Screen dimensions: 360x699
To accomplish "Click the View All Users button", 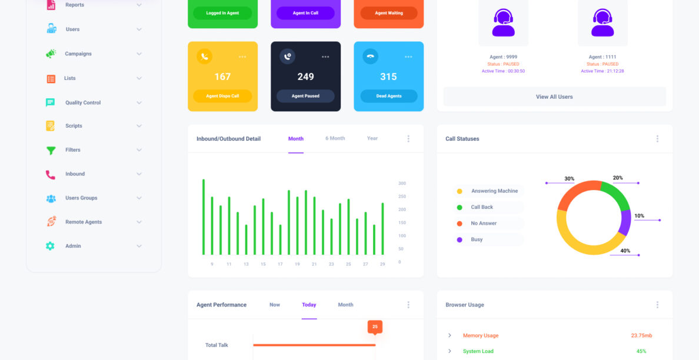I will pos(554,96).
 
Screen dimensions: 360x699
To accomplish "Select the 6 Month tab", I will pos(335,139).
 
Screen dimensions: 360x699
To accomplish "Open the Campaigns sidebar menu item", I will pos(78,54).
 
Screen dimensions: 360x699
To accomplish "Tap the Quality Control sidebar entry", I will pos(83,102).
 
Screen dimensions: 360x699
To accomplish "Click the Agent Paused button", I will pos(305,96).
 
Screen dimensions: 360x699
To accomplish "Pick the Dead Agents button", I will pos(388,96).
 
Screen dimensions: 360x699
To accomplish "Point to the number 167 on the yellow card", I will pos(222,76).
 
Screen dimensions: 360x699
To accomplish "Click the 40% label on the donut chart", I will pos(625,251).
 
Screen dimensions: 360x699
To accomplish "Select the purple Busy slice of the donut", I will pos(625,222).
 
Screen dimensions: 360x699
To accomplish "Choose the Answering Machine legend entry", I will pos(494,191).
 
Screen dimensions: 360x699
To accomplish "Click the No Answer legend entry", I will pos(484,224).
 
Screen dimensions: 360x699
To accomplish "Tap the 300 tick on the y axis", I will pos(402,184).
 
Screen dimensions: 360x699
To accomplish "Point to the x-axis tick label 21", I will pos(314,264).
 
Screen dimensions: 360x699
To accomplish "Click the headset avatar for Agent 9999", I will pos(503,22).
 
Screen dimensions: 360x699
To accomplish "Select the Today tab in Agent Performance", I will pos(309,305).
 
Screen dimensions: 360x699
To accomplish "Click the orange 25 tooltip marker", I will pos(375,326).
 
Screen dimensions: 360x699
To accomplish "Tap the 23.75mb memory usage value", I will pos(641,335).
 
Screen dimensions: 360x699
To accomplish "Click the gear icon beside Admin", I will pos(51,246).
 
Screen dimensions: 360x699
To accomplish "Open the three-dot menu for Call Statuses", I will pos(657,139).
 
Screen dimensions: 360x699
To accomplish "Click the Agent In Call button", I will pos(305,13).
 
